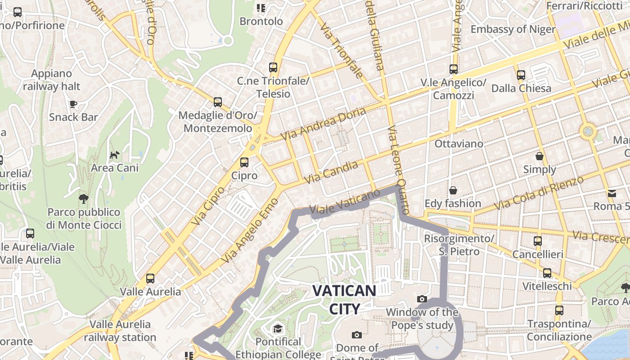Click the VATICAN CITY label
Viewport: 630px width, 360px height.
(344, 299)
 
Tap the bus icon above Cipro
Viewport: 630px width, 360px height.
(244, 162)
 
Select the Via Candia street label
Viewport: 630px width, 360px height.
(331, 172)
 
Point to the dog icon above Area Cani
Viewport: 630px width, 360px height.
(115, 155)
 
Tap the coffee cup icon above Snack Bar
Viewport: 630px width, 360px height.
(73, 104)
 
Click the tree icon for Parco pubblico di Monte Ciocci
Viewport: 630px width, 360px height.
(83, 198)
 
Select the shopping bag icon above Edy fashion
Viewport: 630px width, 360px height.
(453, 190)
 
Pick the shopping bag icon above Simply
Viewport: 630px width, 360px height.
(540, 156)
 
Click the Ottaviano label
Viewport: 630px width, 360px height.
(459, 144)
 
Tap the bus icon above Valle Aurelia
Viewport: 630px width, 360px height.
(150, 279)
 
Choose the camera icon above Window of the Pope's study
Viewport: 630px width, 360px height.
(422, 299)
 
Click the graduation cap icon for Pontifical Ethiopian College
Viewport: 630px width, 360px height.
(278, 328)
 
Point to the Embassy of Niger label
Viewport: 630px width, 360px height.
(513, 29)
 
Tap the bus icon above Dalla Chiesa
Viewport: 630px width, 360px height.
(521, 75)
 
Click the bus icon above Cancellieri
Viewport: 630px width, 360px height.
(538, 241)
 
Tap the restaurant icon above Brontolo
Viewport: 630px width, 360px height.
(261, 8)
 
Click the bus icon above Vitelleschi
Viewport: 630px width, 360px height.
(547, 273)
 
